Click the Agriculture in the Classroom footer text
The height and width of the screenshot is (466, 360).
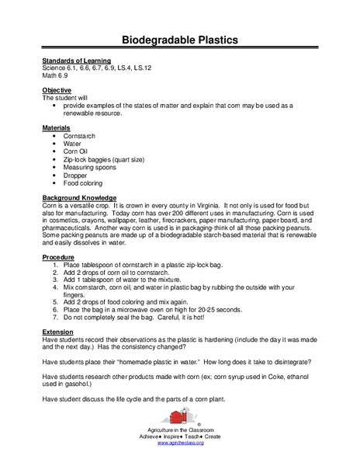(x=180, y=429)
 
